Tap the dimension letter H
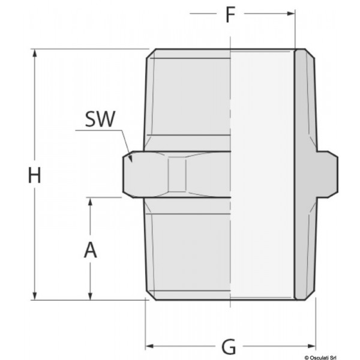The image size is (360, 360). pyautogui.click(x=35, y=176)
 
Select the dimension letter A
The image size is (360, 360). pyautogui.click(x=90, y=249)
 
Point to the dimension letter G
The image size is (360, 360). pyautogui.click(x=229, y=347)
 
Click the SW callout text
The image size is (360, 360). pyautogui.click(x=99, y=119)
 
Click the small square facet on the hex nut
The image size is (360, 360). pyautogui.click(x=178, y=175)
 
